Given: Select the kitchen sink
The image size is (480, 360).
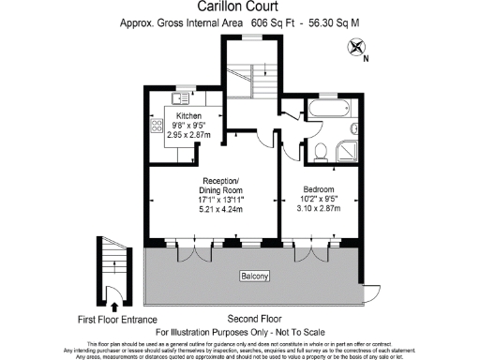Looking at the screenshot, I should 179,97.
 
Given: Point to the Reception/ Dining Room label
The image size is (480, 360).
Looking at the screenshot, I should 221,186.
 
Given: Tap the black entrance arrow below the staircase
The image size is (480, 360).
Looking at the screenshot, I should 113,304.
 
